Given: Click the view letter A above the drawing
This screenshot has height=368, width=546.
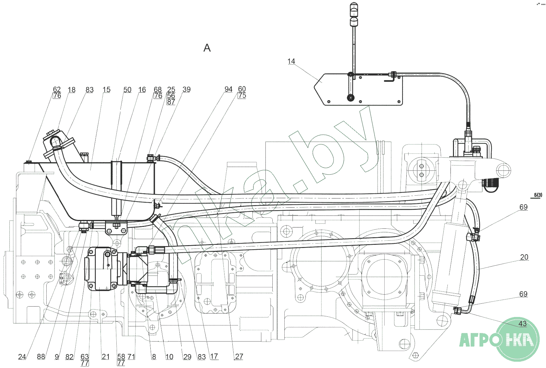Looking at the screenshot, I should click(207, 48).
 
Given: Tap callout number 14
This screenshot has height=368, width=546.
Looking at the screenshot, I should click(291, 61).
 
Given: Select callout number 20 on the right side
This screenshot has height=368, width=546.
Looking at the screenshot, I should click(524, 257).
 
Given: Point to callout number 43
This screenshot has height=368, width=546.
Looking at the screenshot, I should click(522, 324).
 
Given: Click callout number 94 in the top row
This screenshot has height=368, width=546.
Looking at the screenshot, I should click(228, 89).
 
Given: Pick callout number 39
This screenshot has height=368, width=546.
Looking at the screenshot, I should click(186, 89).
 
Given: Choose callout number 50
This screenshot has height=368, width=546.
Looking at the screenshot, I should click(127, 90).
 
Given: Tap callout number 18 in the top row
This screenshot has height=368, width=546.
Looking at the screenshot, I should click(72, 90).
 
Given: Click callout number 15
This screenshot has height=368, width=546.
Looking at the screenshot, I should click(107, 90).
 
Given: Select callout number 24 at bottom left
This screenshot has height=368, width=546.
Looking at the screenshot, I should click(22, 357).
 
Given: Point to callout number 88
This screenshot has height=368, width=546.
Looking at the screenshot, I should click(41, 357).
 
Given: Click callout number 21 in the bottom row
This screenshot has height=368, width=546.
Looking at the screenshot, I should click(106, 357).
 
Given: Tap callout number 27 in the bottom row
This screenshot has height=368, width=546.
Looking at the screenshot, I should click(239, 356).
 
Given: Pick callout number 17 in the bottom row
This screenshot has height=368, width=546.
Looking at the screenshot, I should click(214, 356).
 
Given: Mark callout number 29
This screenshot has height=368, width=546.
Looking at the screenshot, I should click(187, 357).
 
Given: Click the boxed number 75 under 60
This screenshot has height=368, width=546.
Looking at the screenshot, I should click(242, 96).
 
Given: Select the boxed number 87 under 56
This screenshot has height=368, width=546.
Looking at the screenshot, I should click(171, 102).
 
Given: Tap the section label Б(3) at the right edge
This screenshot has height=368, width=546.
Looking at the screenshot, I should click(538, 195).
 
